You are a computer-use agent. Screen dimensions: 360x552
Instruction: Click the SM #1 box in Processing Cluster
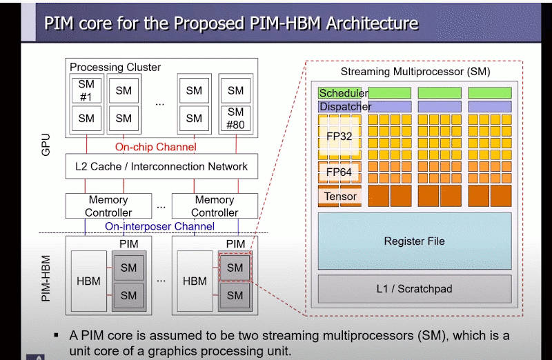click(86, 90)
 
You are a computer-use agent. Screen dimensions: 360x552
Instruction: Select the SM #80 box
click(235, 118)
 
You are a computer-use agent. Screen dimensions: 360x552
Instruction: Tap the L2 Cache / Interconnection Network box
click(161, 166)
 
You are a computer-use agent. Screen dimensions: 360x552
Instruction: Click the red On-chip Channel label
click(155, 147)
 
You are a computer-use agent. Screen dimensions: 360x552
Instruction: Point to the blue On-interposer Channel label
click(159, 226)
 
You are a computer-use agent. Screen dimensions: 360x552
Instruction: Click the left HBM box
click(88, 281)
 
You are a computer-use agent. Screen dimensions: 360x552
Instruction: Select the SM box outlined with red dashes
click(235, 268)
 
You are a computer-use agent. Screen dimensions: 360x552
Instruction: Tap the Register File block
click(414, 241)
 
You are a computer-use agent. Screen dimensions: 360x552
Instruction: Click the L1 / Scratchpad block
click(414, 289)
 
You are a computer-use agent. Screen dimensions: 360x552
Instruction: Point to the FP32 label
click(339, 137)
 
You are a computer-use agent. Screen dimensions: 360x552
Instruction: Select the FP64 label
click(339, 172)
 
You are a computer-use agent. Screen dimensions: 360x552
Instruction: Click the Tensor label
click(340, 197)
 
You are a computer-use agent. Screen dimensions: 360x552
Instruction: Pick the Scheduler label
click(343, 93)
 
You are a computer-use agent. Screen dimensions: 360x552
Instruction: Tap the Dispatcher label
click(345, 107)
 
